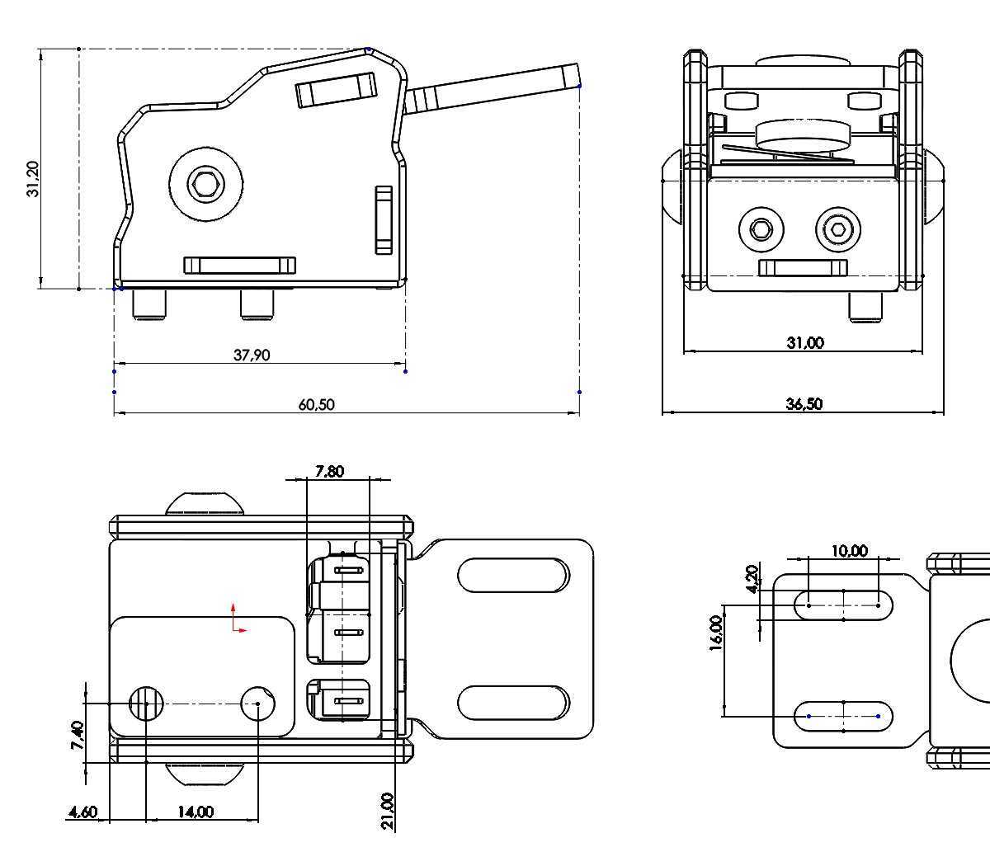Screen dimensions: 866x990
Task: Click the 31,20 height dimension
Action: pyautogui.click(x=33, y=178)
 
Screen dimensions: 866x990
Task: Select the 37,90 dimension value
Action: pyautogui.click(x=252, y=355)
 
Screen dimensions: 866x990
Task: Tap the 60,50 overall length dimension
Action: pyautogui.click(x=316, y=404)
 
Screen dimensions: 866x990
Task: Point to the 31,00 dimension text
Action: pyautogui.click(x=804, y=342)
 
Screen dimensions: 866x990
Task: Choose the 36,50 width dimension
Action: pyautogui.click(x=804, y=403)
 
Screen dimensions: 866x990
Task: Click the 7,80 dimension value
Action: pyautogui.click(x=330, y=471)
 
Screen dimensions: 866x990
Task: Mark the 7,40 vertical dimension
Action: pyautogui.click(x=77, y=735)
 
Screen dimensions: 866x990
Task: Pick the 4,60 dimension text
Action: pyautogui.click(x=82, y=812)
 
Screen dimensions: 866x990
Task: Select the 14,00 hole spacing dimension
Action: pyautogui.click(x=196, y=812)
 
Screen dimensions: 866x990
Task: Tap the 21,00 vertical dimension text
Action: pyautogui.click(x=389, y=812)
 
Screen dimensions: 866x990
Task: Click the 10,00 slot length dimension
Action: pyautogui.click(x=849, y=550)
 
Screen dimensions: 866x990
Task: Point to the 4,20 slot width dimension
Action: pyautogui.click(x=752, y=579)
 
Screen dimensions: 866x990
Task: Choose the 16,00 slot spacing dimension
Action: pyautogui.click(x=715, y=633)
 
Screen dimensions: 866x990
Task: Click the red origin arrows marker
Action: pyautogui.click(x=238, y=619)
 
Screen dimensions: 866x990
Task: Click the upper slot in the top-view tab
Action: pyautogui.click(x=513, y=575)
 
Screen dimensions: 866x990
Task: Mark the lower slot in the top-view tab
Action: pyautogui.click(x=513, y=703)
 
